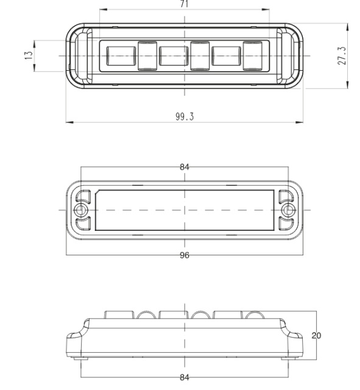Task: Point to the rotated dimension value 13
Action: (27, 55)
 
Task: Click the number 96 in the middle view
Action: (184, 255)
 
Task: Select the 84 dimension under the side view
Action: (184, 377)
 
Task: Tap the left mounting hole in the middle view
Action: (79, 210)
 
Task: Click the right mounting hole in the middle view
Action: (289, 210)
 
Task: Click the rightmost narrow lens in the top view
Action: (252, 55)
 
